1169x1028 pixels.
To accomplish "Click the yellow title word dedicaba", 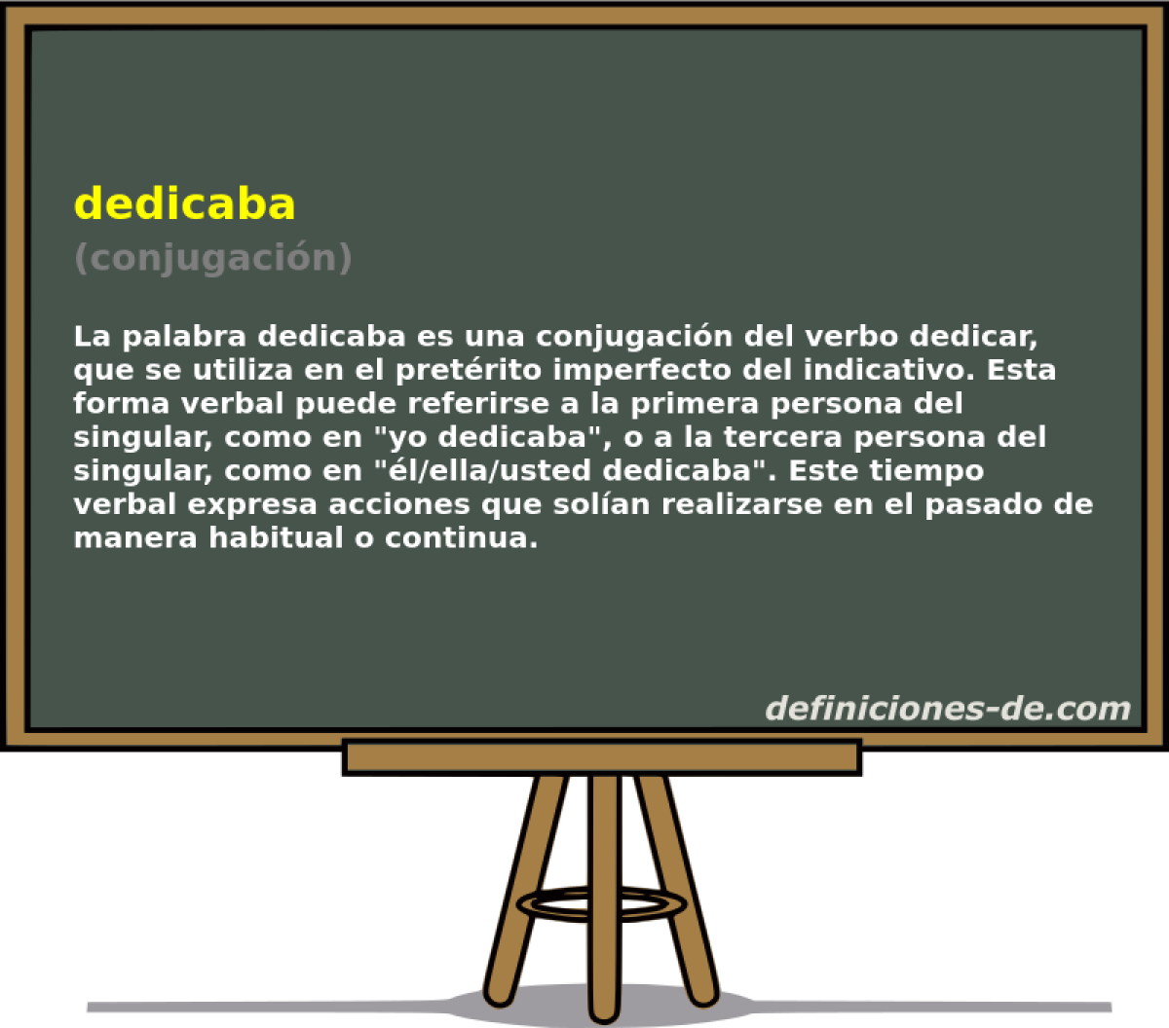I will [x=185, y=203].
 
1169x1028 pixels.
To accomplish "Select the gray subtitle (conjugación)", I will [x=212, y=258].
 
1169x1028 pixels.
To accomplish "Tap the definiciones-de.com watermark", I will [x=947, y=708].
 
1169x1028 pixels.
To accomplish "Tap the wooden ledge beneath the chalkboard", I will [x=602, y=757].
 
